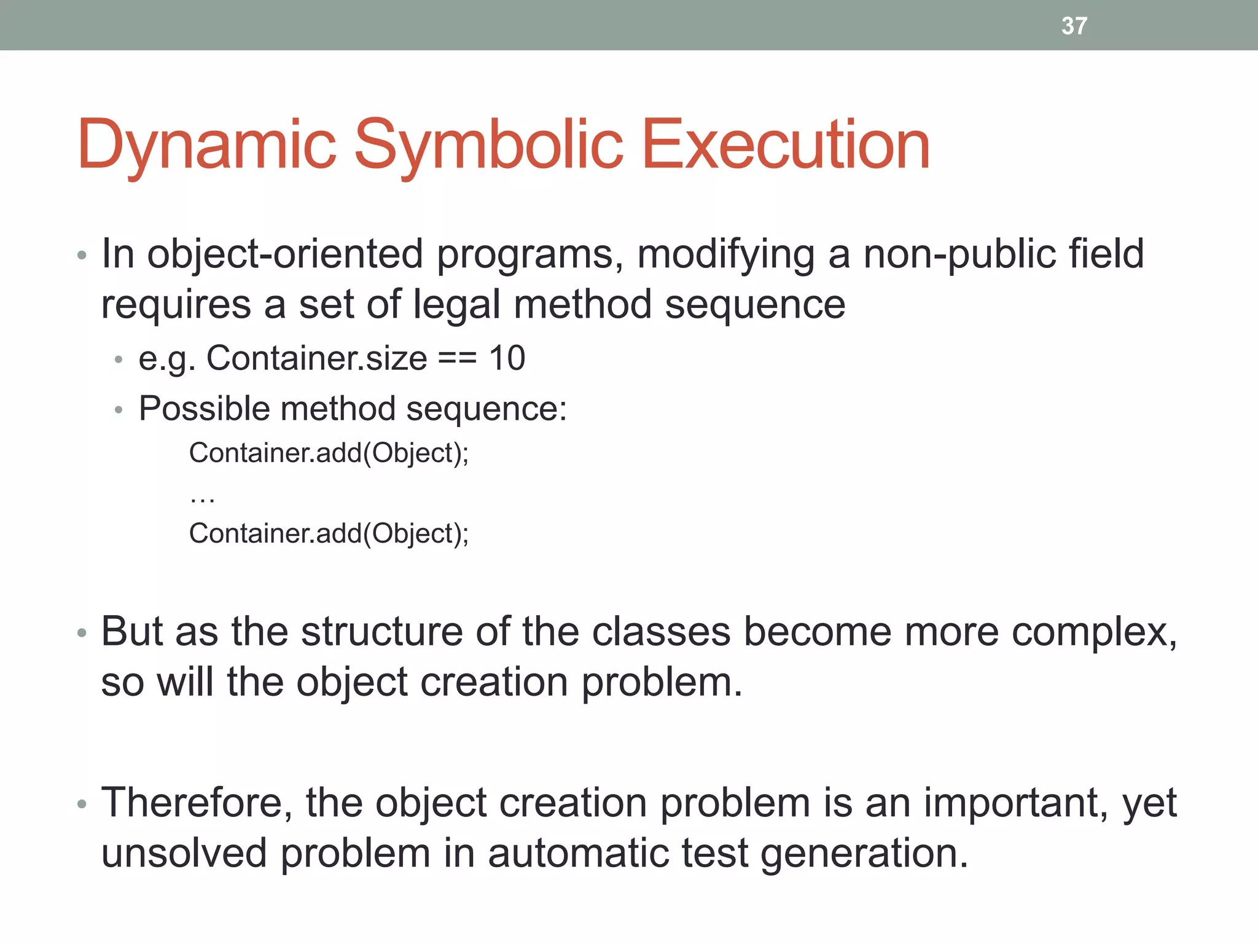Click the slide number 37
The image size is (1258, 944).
tap(1074, 26)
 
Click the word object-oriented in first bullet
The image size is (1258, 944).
tap(285, 254)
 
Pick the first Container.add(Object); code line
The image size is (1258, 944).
tap(329, 453)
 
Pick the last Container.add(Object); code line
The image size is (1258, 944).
tap(329, 533)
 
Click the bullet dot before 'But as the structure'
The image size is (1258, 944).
tap(82, 633)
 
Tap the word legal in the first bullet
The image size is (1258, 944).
tap(456, 305)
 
